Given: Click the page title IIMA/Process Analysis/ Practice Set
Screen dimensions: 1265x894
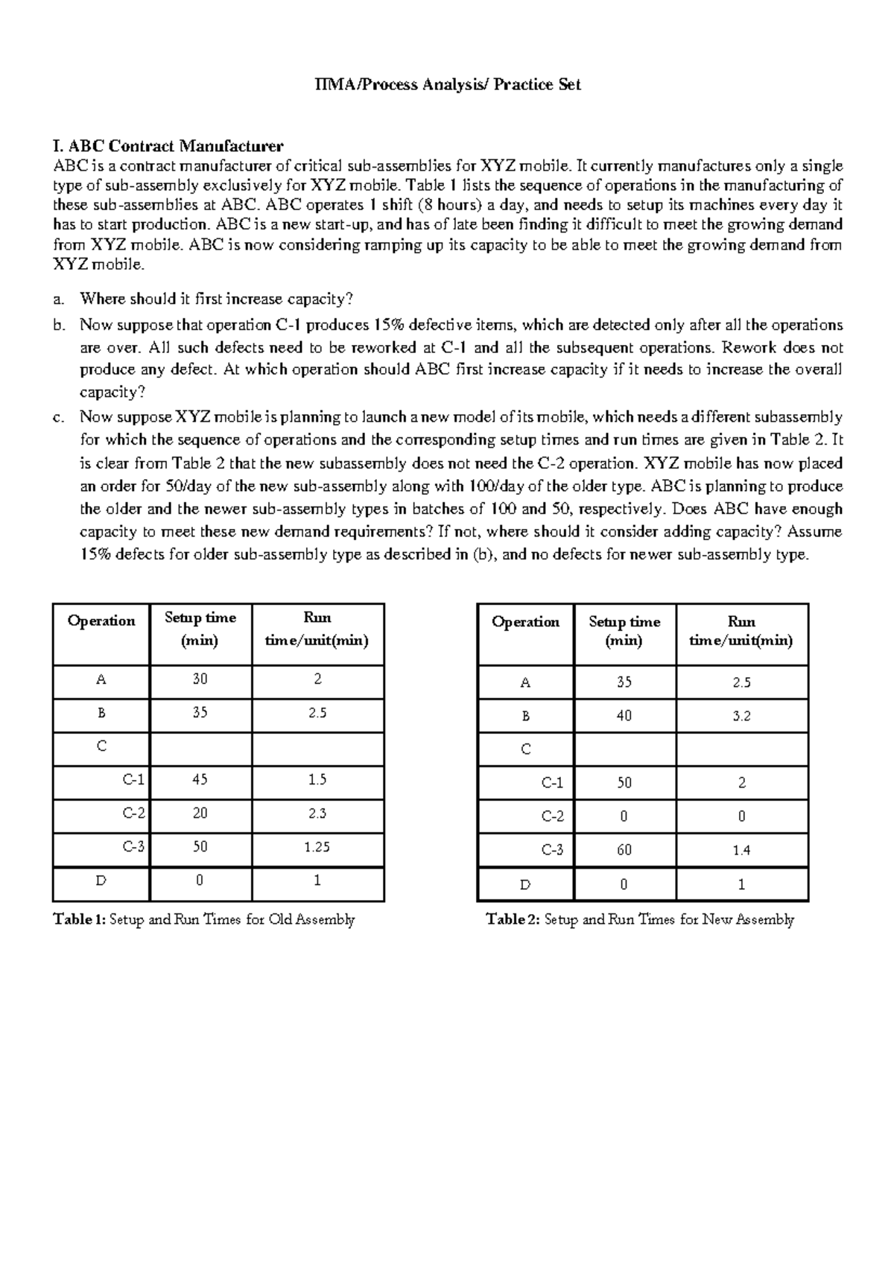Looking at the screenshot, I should [x=447, y=85].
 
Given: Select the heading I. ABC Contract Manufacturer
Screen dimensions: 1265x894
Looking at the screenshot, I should [x=168, y=145].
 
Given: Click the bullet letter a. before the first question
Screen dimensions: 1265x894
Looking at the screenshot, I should [x=59, y=299].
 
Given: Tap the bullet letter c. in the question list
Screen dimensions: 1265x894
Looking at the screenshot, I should [x=59, y=418].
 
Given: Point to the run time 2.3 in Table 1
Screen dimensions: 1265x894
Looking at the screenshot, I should [x=317, y=814].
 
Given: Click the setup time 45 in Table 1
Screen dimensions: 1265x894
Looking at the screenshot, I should [x=200, y=780].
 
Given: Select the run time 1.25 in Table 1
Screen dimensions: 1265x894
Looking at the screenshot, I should [x=317, y=847].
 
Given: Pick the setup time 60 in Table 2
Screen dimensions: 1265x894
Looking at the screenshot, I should [x=624, y=850].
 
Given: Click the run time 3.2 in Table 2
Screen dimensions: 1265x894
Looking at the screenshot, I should [x=741, y=716].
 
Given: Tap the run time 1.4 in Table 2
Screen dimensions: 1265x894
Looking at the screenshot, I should [x=741, y=850].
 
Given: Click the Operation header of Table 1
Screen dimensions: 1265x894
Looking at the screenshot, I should [x=101, y=621].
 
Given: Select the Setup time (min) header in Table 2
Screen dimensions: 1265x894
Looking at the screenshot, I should [x=624, y=631].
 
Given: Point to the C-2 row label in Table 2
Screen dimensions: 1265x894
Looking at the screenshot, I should [x=552, y=817].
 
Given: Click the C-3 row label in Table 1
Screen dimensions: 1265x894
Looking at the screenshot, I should [x=133, y=847].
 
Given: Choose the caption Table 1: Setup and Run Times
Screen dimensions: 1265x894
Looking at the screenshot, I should [x=203, y=920].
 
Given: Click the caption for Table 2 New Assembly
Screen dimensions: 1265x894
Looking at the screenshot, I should [x=639, y=920].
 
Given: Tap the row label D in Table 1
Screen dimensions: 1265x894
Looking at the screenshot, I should [x=101, y=881].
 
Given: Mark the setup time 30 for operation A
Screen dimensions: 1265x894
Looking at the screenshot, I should [x=200, y=679].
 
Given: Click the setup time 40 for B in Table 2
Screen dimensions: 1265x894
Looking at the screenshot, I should [x=624, y=716].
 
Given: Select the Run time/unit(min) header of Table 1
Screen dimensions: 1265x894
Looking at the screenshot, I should [x=317, y=630].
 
